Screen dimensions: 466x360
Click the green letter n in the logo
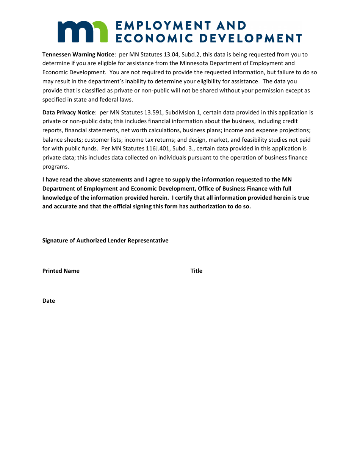pyautogui.click(x=100, y=32)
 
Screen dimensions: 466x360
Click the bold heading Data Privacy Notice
pyautogui.click(x=68, y=113)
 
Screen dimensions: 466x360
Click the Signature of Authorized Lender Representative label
pyautogui.click(x=105, y=241)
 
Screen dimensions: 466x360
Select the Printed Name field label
pyautogui.click(x=61, y=271)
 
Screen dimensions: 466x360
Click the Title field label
pyautogui.click(x=196, y=271)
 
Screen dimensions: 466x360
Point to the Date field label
pyautogui.click(x=49, y=301)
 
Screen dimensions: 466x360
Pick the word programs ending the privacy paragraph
pyautogui.click(x=55, y=166)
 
